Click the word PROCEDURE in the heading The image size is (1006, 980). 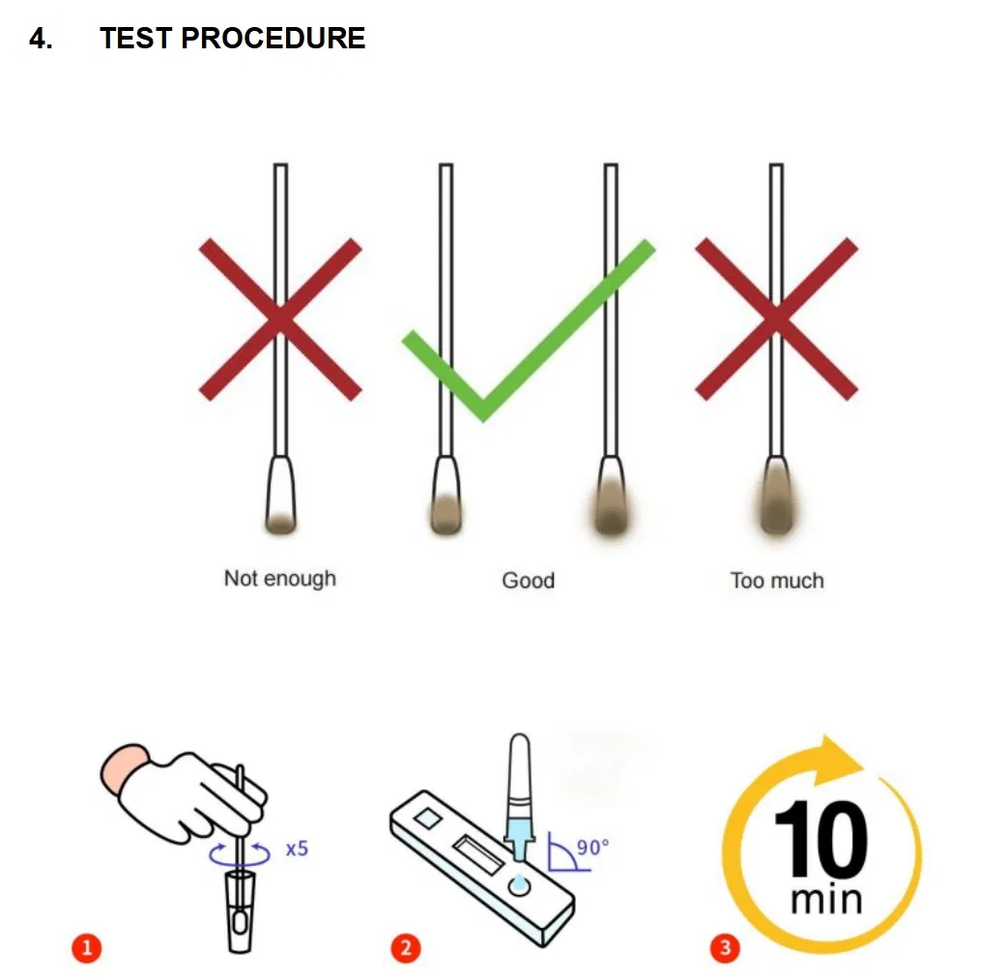click(x=273, y=39)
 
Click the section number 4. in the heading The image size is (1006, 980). click(x=41, y=39)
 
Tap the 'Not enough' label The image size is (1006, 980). click(x=280, y=579)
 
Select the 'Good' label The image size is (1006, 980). click(x=528, y=581)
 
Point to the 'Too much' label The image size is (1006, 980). click(x=777, y=581)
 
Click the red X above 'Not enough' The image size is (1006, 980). click(x=280, y=320)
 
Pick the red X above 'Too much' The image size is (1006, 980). click(x=776, y=319)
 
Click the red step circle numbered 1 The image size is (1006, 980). click(x=87, y=948)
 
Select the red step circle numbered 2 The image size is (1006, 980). click(x=405, y=948)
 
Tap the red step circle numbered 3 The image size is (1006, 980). click(x=725, y=948)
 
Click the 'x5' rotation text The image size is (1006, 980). click(x=297, y=850)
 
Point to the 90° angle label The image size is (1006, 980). click(x=592, y=848)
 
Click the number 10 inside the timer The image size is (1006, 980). click(x=820, y=841)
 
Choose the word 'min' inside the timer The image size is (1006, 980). click(x=825, y=900)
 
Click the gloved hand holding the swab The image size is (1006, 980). click(x=184, y=788)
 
